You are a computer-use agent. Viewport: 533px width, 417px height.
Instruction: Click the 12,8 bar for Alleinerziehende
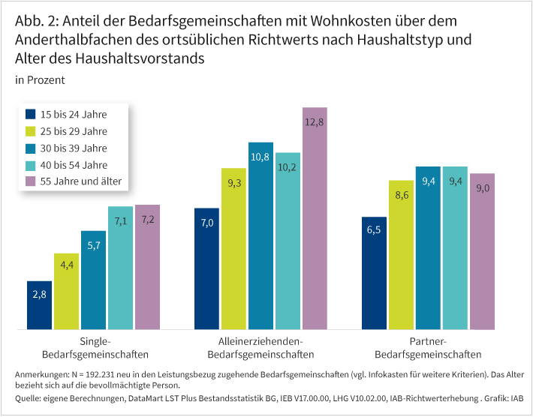(315, 218)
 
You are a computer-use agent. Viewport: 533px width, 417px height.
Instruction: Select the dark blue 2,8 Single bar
(39, 305)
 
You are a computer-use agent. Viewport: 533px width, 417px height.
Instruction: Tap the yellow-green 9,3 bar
(233, 248)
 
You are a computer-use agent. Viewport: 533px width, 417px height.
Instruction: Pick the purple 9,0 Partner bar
(482, 251)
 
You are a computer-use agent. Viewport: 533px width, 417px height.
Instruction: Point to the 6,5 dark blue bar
(374, 273)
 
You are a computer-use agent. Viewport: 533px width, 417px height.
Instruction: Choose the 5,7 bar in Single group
(93, 280)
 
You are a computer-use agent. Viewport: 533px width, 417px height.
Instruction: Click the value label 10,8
(260, 157)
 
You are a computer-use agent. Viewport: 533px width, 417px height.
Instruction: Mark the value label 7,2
(147, 219)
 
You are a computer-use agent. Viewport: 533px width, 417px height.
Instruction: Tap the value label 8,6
(401, 194)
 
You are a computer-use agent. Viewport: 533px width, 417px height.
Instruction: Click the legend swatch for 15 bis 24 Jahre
(31, 115)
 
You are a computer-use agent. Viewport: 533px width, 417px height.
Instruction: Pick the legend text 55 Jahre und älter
(80, 181)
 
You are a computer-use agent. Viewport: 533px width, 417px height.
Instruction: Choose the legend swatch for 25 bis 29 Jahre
(31, 131)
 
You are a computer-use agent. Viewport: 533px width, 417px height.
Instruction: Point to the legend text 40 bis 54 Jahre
(74, 164)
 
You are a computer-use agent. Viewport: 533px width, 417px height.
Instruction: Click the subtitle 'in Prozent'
(40, 79)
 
